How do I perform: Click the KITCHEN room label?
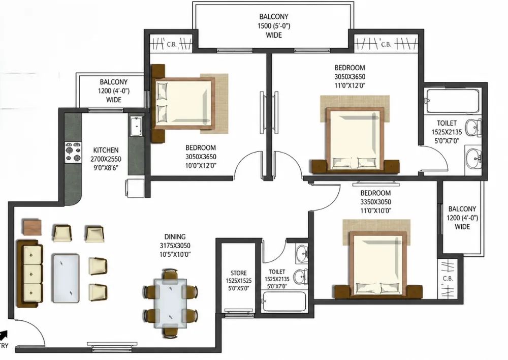[106, 150]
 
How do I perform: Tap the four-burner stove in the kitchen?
[73, 152]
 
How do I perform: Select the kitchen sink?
[136, 126]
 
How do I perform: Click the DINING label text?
[175, 237]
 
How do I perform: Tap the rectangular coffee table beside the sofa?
[66, 279]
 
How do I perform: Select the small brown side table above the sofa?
[33, 227]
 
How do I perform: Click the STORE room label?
[239, 273]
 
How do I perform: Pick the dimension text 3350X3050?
[375, 202]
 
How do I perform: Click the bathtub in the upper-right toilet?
[453, 101]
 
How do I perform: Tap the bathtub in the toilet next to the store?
[284, 302]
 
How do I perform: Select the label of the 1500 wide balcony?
[274, 25]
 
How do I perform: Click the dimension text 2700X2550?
[106, 159]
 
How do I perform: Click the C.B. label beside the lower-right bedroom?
[448, 279]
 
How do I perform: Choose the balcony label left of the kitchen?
[114, 91]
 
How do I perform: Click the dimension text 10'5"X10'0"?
[175, 255]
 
